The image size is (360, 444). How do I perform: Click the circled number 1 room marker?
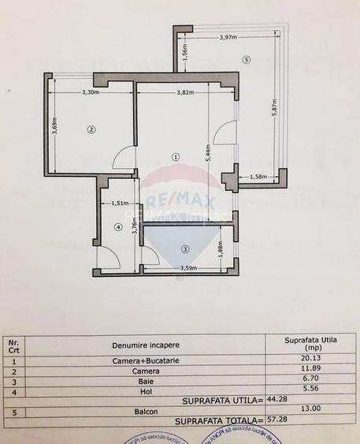coord(176,156)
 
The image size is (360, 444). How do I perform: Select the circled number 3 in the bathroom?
coord(185,249)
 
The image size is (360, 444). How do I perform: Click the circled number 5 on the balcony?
coord(247,59)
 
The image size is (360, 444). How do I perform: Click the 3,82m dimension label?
coord(185,93)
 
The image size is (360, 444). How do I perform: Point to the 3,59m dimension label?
coord(187,268)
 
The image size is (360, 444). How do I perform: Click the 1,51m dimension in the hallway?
coord(120,203)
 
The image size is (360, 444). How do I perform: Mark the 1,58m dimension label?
coord(258,177)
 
